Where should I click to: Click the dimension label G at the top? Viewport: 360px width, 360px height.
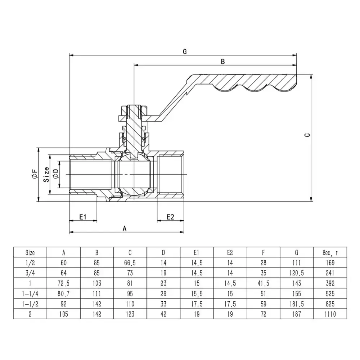pos(184,51)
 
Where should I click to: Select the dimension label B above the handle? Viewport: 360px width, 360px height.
pos(222,62)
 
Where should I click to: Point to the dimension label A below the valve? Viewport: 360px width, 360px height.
pos(125,228)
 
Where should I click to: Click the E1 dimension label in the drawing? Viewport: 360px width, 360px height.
pos(83,217)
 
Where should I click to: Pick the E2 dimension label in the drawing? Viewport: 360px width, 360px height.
pos(170,217)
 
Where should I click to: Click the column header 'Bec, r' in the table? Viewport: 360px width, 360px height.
pos(330,252)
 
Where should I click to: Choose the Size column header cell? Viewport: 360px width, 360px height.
pos(30,252)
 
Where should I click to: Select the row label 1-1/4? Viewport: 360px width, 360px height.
pos(30,294)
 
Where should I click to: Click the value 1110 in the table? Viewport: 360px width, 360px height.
pos(330,314)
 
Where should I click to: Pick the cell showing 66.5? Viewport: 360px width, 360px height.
pos(130,263)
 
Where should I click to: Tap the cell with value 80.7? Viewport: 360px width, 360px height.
pos(64,294)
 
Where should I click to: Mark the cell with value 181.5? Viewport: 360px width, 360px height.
pos(297,304)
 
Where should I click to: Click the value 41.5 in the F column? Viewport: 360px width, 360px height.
pos(263,283)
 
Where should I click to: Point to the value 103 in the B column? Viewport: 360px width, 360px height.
pos(97,283)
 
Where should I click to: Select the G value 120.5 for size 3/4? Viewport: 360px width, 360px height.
pos(297,273)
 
